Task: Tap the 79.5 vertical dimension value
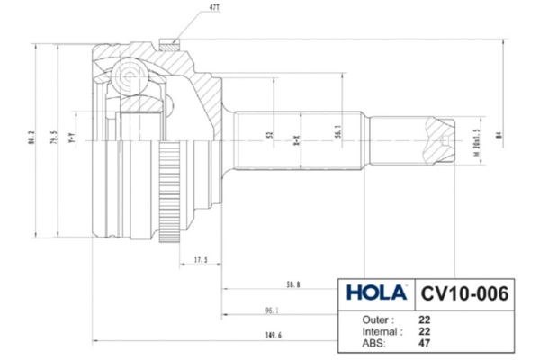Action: click(55, 139)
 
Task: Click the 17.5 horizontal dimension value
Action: click(201, 261)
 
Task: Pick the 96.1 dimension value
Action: click(271, 310)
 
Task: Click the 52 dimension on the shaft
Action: click(269, 136)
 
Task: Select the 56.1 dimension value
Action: click(337, 133)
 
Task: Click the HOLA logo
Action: click(375, 293)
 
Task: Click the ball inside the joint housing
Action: click(129, 72)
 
